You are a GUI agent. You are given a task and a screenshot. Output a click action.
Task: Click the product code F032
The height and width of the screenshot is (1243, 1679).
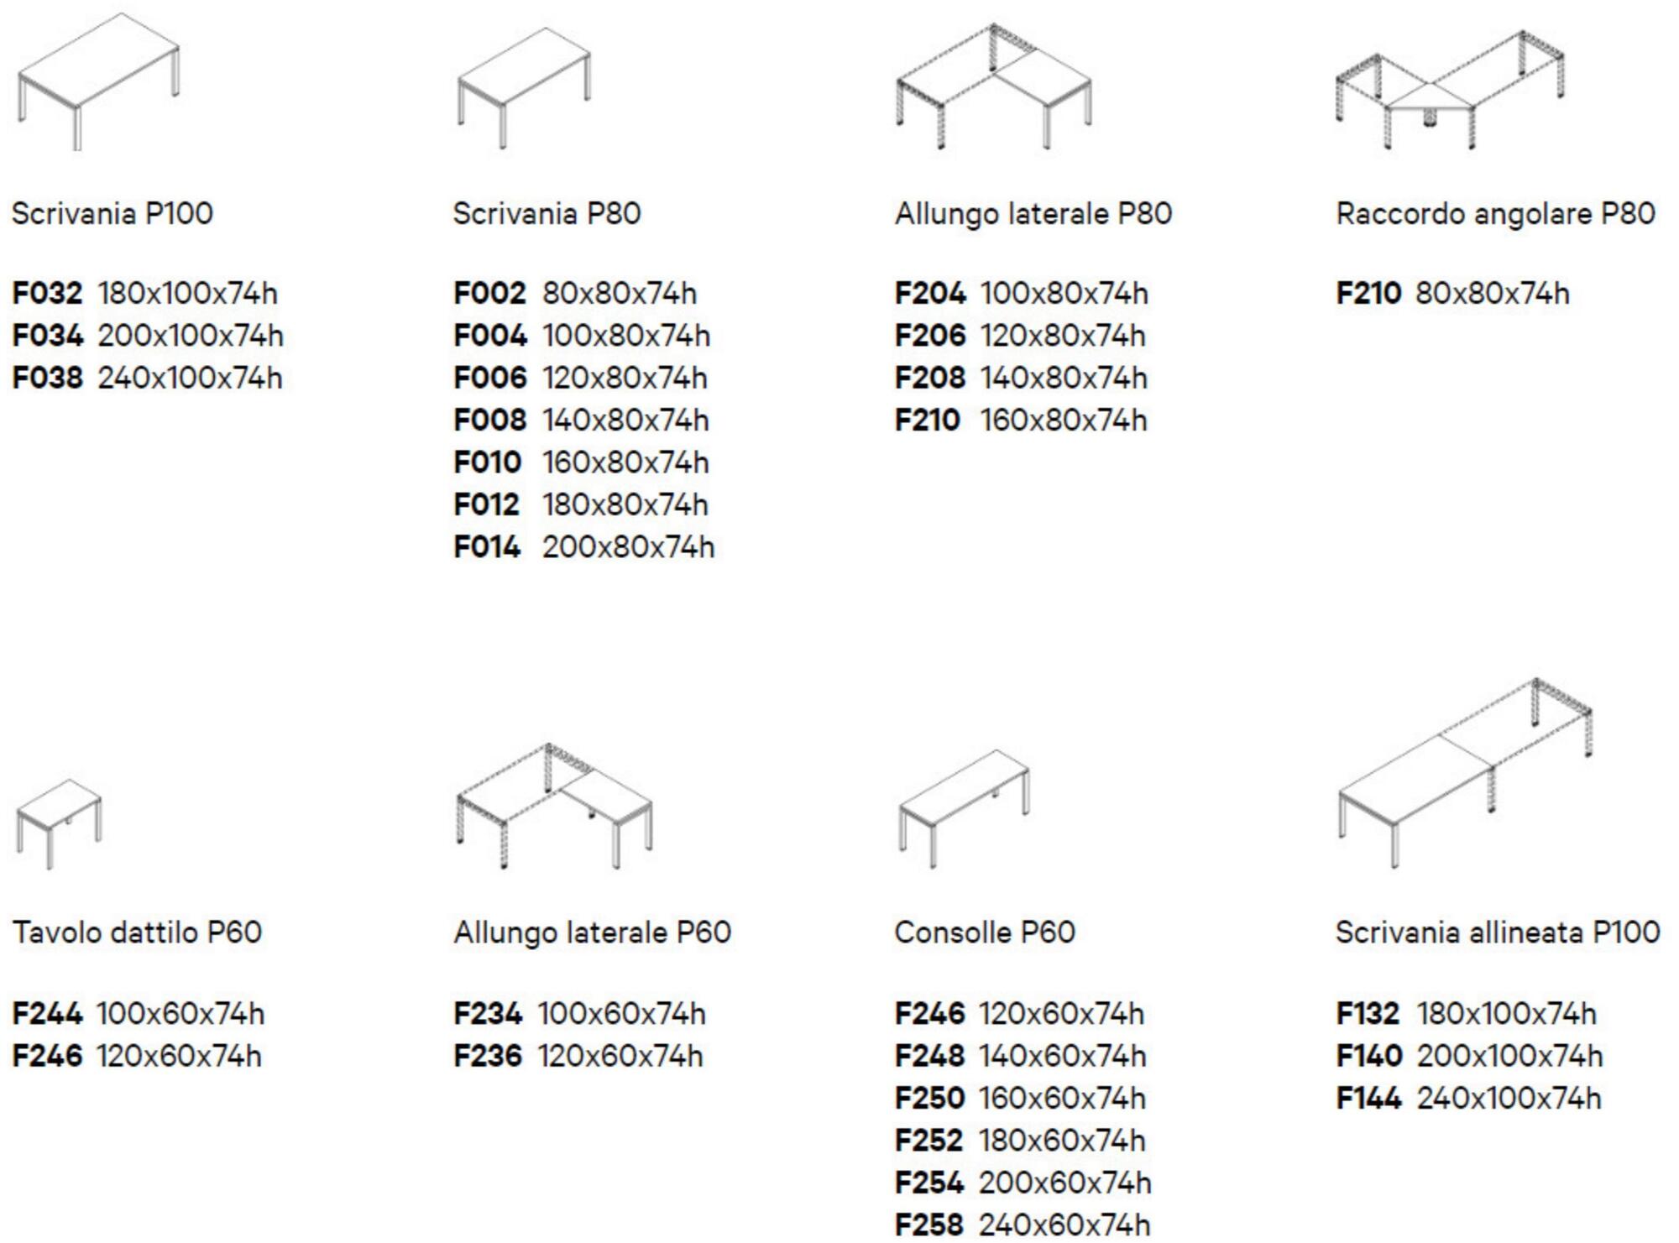[x=47, y=294]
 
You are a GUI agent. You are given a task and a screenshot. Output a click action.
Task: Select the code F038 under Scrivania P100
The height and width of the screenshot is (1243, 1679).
[x=47, y=379]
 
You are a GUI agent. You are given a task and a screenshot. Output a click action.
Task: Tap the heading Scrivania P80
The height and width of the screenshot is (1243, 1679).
[x=547, y=214]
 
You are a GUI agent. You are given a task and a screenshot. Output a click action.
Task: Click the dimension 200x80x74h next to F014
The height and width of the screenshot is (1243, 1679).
[x=628, y=547]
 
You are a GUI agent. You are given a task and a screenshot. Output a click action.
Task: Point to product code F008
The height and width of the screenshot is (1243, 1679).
[x=489, y=420]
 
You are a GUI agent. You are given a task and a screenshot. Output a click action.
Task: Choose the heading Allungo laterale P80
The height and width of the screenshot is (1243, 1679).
[x=1033, y=214]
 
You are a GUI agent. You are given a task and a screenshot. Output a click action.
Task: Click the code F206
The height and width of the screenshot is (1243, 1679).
[x=930, y=336]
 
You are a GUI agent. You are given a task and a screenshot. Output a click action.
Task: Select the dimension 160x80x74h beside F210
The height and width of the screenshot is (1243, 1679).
[x=1063, y=420]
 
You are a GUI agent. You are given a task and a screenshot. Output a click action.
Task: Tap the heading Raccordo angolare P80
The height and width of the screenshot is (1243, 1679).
[x=1495, y=214]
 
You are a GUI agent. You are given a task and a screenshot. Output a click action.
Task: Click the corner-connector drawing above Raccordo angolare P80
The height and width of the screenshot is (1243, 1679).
[x=1450, y=91]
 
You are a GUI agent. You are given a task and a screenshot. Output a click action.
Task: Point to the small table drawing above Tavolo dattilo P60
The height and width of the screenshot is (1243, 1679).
[x=59, y=823]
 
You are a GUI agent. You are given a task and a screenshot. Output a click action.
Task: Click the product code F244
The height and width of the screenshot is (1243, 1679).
[x=47, y=1014]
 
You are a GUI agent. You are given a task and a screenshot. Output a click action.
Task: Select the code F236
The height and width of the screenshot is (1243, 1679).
[x=488, y=1056]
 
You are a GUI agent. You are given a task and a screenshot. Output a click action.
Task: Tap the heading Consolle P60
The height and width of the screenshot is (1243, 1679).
[x=985, y=932]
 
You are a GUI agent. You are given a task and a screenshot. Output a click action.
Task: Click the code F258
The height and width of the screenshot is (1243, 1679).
[x=929, y=1225]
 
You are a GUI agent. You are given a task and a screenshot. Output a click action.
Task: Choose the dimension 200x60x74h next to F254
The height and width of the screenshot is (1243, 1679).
[x=1064, y=1183]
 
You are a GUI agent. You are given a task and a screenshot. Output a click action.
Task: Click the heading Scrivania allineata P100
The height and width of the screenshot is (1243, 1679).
[x=1498, y=932]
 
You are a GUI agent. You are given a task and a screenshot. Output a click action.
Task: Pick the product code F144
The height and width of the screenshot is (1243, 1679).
[x=1368, y=1099]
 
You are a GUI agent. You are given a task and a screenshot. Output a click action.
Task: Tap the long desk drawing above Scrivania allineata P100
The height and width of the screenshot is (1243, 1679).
[x=1465, y=772]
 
